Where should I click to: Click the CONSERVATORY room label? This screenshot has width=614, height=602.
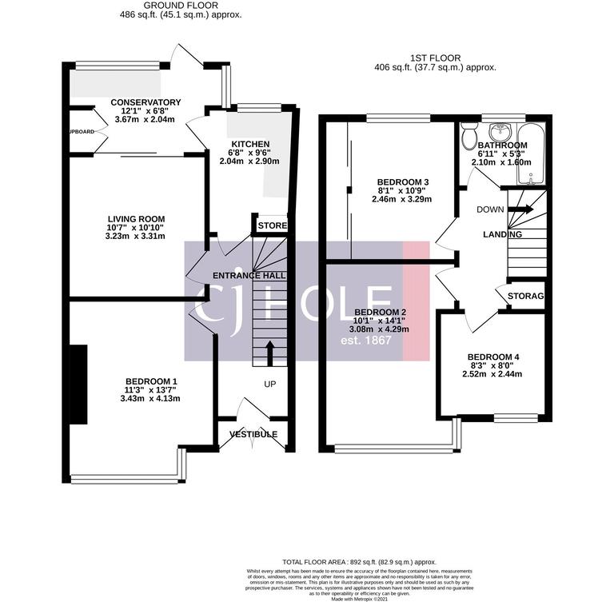point(146,102)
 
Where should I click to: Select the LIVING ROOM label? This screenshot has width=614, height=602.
point(136,218)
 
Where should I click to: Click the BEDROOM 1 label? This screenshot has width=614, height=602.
point(151,381)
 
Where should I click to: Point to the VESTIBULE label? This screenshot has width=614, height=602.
point(253,434)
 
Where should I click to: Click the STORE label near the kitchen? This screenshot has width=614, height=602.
point(272,226)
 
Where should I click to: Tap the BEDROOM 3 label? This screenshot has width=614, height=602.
point(402,181)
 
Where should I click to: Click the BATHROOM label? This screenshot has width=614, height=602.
point(502,145)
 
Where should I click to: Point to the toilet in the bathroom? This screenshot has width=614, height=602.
point(469,138)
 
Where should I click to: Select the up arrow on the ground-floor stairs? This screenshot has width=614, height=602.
point(269,350)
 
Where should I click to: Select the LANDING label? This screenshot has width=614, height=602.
point(502,234)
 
